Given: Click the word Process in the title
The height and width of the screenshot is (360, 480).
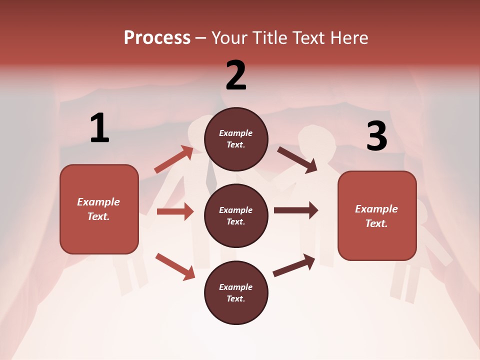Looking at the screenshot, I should pos(157,38).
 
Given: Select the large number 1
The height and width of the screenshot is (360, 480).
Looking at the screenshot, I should pos(99,128).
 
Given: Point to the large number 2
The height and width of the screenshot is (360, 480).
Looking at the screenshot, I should pos(236,75).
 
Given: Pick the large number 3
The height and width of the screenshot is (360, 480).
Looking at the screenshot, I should pos(376,136).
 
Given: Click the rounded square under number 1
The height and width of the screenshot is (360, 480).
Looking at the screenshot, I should pos(99,209).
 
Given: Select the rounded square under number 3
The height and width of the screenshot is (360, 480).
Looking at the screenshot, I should pos(377,216).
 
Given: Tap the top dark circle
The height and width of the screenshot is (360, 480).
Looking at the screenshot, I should pos(236,139).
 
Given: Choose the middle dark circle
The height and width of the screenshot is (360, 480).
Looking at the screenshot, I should pos(236,215).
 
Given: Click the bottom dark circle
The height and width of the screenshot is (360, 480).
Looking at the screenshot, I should pos(236,292).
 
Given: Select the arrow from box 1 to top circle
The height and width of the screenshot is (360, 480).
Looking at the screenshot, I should pos(173,159).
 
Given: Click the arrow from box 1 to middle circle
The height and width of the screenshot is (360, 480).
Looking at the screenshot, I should pos(175,211).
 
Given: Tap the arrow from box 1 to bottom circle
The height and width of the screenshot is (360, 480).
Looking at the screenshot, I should pos(175,266).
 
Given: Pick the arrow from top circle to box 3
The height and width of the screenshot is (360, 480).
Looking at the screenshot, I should pos(297,159).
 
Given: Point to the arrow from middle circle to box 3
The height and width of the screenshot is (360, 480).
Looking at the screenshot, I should pos(296,210).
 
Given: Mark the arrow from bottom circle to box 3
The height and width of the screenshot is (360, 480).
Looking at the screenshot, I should pos(294,265).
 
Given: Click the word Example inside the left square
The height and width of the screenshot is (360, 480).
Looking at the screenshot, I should pos(98,202).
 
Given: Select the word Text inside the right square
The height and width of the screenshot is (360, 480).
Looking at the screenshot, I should pos(375,223).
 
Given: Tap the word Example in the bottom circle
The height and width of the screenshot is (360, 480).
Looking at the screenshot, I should pos(236,287).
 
